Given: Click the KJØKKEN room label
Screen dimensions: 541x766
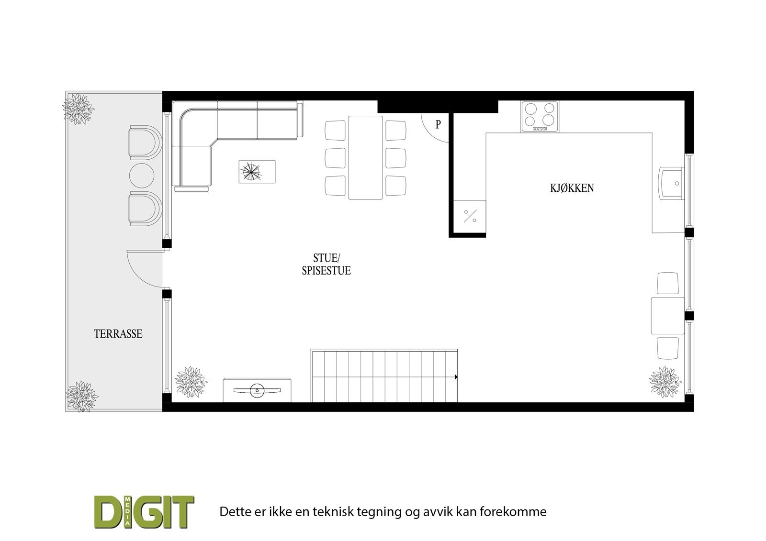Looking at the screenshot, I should coord(572,188).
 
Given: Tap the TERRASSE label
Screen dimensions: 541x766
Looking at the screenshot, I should coord(118,334).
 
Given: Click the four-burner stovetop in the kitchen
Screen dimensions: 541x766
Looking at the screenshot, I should coord(540,117).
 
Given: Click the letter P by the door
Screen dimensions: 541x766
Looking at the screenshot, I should coord(438,125).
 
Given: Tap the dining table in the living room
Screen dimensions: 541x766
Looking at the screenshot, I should coord(365,157).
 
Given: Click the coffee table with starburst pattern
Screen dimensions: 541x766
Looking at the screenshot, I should coord(257,172).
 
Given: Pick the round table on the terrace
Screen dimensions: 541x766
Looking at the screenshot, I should coord(142,176).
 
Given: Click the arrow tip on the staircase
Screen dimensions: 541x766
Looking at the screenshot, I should coord(456,377).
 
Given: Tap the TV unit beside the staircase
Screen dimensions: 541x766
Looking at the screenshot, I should coord(257,390).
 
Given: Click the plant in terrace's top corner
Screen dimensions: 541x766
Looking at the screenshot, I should coord(78,109).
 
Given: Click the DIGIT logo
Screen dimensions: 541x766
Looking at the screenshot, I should coord(144,512).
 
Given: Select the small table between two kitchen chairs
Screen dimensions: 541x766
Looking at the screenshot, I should coord(667,315).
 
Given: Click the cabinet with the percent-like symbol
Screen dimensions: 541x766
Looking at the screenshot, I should coord(469,217).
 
